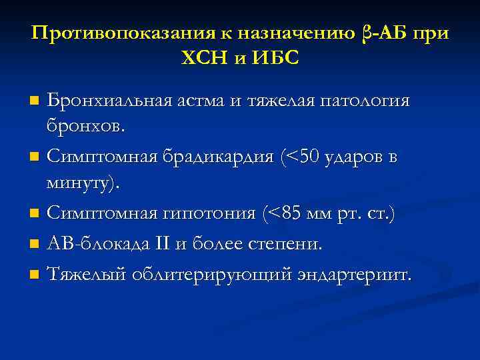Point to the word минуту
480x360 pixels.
coord(83,182)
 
